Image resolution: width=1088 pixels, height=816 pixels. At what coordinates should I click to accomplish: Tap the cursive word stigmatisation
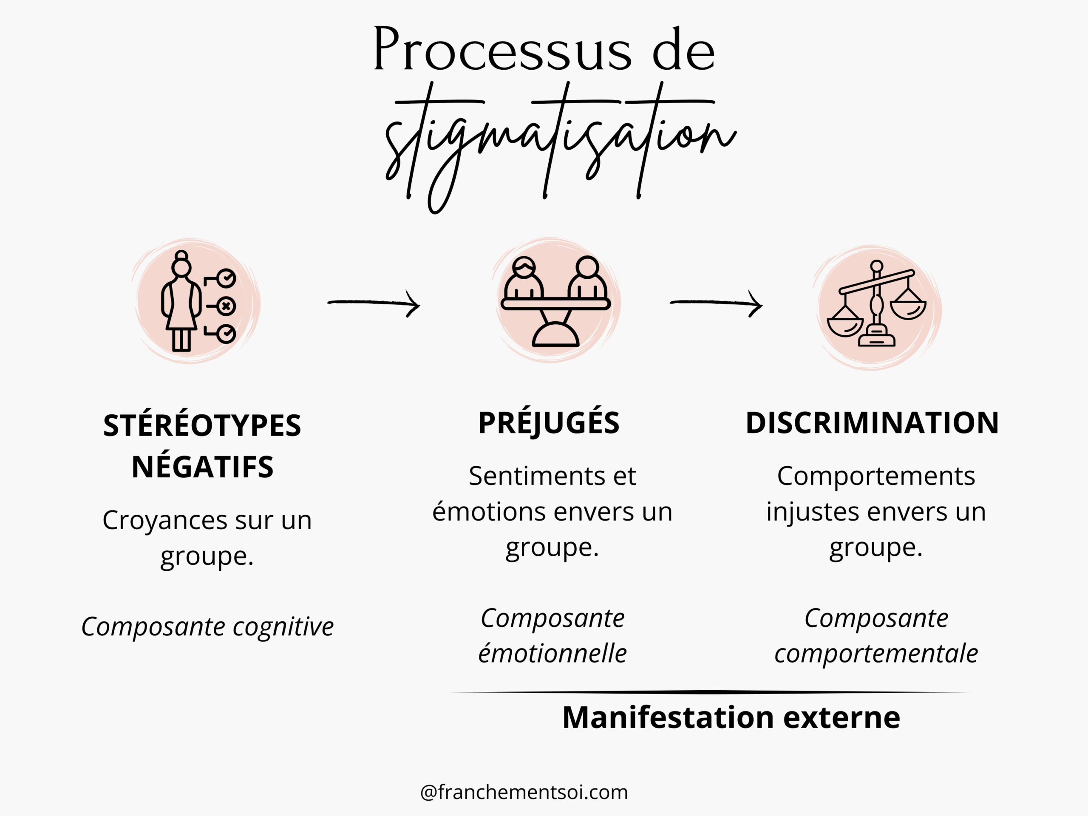(x=561, y=143)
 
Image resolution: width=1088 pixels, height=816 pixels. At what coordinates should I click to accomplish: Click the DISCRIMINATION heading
(x=872, y=422)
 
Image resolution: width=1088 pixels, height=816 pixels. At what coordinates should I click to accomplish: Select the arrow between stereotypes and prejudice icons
(x=374, y=303)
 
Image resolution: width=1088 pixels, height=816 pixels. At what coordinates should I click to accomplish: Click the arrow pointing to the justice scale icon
(x=716, y=303)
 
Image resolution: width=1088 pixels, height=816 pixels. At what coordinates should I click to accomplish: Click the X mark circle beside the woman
(x=226, y=306)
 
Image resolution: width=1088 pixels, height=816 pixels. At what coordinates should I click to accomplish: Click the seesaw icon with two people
(x=556, y=301)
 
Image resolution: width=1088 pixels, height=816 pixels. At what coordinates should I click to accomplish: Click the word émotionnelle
(x=552, y=653)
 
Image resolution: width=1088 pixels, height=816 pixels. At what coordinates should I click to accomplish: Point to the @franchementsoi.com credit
(x=524, y=792)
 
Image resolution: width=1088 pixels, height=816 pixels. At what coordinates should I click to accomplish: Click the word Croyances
(x=165, y=520)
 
